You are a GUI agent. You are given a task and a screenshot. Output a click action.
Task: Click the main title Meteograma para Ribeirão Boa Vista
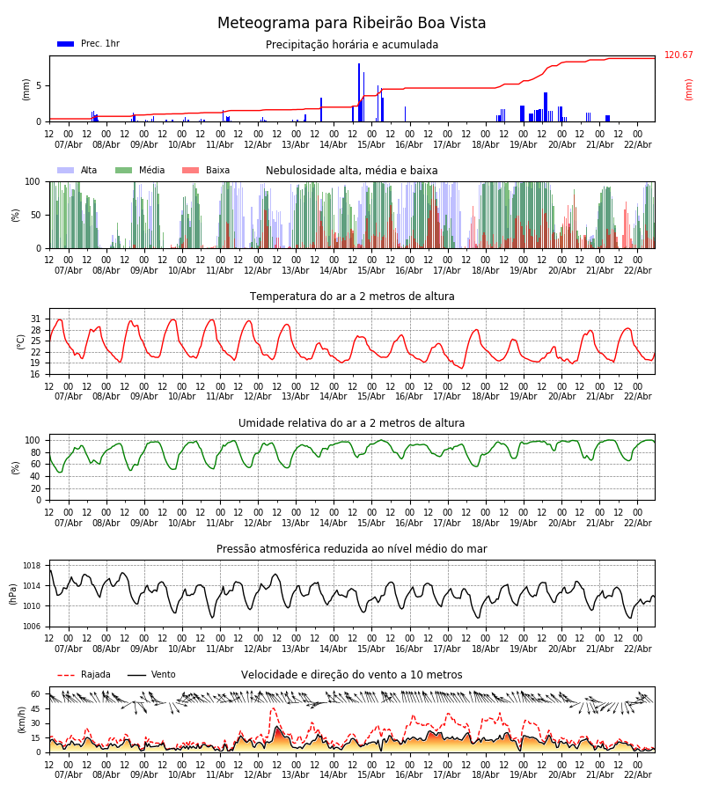click(x=352, y=24)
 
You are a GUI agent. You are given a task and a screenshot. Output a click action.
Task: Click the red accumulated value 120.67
click(x=678, y=55)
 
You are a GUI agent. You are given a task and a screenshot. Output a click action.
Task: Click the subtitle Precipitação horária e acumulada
click(x=352, y=45)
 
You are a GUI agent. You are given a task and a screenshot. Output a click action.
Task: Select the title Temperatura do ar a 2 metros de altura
click(x=352, y=297)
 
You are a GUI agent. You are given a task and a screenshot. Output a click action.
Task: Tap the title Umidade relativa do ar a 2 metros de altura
click(x=352, y=423)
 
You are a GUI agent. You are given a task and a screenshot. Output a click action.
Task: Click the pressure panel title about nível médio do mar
click(x=352, y=549)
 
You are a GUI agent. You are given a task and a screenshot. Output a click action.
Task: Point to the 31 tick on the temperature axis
click(x=36, y=319)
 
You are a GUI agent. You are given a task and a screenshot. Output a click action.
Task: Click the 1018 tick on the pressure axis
click(x=33, y=566)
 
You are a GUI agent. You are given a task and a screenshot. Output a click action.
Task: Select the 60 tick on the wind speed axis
click(x=36, y=693)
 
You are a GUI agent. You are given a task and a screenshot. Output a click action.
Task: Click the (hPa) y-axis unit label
click(x=14, y=593)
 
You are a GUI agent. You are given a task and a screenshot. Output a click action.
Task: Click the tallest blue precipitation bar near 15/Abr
click(x=359, y=88)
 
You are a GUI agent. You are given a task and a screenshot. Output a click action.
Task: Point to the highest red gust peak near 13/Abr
click(x=273, y=708)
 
